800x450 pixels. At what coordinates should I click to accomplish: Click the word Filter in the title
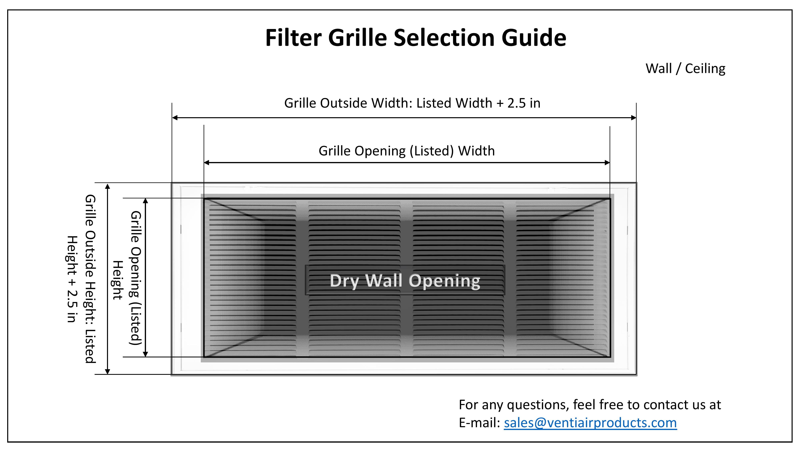(x=293, y=38)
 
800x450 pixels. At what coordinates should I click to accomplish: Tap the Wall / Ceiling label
(x=685, y=69)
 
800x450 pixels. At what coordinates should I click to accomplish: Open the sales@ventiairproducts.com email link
(x=590, y=423)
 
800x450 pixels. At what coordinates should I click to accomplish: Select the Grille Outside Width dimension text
(x=412, y=103)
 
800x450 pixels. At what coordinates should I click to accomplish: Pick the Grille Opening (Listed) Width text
(x=407, y=151)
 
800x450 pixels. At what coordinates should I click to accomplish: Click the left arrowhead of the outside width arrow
(x=175, y=118)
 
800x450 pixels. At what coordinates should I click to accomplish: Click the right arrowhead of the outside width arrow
(x=634, y=118)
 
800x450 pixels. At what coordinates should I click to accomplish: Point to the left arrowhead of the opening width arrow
(x=207, y=162)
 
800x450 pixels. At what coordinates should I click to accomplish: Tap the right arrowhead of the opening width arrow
(x=607, y=162)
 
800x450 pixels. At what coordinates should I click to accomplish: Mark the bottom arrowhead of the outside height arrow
(x=107, y=371)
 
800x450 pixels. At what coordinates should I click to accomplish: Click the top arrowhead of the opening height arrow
(x=145, y=201)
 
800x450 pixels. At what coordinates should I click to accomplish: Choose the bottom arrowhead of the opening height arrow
(x=145, y=354)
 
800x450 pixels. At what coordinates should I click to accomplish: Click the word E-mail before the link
(x=480, y=423)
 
